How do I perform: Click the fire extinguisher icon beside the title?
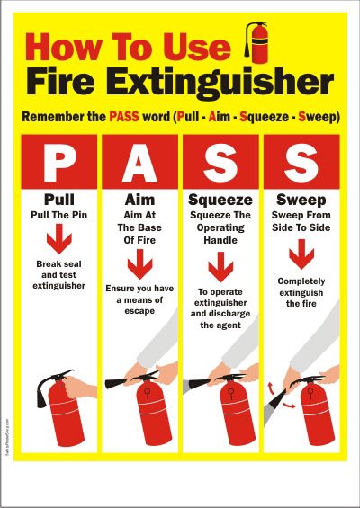(257, 43)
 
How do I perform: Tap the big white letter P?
(58, 162)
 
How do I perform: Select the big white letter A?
(139, 162)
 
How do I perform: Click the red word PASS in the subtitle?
(124, 116)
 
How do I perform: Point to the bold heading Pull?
(59, 200)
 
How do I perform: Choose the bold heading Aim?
(139, 200)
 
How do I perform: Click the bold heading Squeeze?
(220, 201)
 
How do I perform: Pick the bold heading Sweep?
(301, 201)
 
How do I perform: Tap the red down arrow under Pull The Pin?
(59, 239)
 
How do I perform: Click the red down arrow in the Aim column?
(139, 264)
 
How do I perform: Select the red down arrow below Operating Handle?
(220, 267)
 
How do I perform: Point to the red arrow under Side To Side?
(301, 254)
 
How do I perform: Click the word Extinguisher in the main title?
(224, 82)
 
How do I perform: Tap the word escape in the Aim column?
(139, 311)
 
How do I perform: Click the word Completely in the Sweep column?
(301, 281)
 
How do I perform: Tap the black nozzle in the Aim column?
(117, 383)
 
